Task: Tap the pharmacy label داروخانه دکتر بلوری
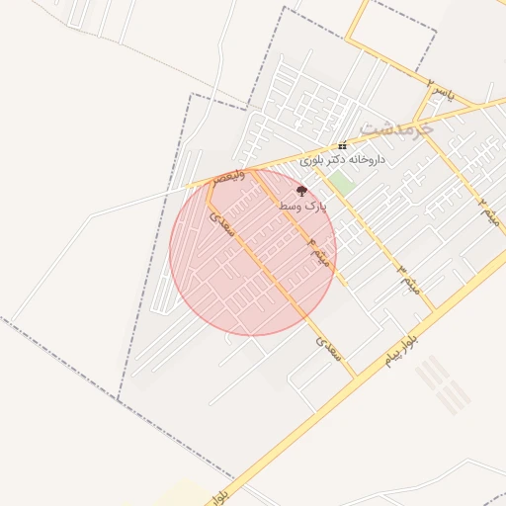[343, 159]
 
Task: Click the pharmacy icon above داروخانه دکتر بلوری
[343, 145]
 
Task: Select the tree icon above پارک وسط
[301, 191]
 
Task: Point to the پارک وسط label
[301, 206]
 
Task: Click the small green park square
[341, 182]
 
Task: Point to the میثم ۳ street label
[408, 279]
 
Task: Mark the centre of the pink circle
[253, 252]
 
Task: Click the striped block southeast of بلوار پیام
[442, 384]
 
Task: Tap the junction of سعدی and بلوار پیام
[356, 377]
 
